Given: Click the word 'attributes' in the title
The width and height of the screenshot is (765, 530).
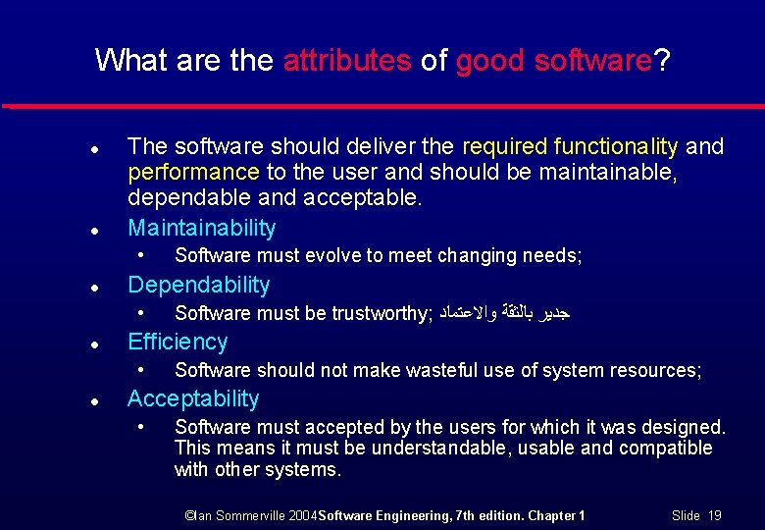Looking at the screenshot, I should click(346, 61).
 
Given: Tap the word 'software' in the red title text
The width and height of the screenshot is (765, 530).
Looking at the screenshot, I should click(593, 61).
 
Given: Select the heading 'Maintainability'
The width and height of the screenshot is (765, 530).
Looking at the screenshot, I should click(202, 228).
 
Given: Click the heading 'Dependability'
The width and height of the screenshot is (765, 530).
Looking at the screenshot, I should click(198, 285).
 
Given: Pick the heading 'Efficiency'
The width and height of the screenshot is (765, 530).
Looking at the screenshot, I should click(178, 342).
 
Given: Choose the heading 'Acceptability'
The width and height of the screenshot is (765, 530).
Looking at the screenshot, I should click(193, 398).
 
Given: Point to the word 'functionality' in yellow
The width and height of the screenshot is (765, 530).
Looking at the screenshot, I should click(615, 147).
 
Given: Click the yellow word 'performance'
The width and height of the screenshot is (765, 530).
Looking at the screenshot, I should click(193, 173).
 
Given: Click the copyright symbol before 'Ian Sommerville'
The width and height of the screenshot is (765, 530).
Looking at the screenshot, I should click(191, 515).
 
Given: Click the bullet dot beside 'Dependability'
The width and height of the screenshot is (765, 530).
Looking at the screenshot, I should click(92, 288).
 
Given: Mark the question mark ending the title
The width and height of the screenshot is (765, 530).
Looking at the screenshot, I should click(663, 61).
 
